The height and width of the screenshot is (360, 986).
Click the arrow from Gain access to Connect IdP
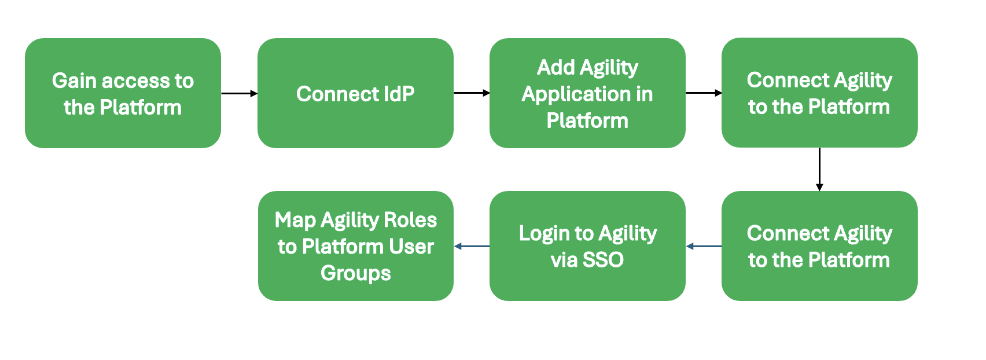[239, 93]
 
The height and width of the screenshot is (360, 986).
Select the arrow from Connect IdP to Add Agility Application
[472, 93]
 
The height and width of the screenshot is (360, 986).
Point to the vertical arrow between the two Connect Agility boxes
[819, 169]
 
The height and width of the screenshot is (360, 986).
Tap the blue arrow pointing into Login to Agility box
[704, 247]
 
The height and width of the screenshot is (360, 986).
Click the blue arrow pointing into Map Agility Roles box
[472, 247]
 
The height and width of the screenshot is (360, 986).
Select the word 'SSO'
[603, 260]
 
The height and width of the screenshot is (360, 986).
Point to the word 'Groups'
[355, 273]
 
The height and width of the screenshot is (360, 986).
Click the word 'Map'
[295, 221]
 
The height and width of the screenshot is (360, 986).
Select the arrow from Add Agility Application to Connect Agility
[704, 93]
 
